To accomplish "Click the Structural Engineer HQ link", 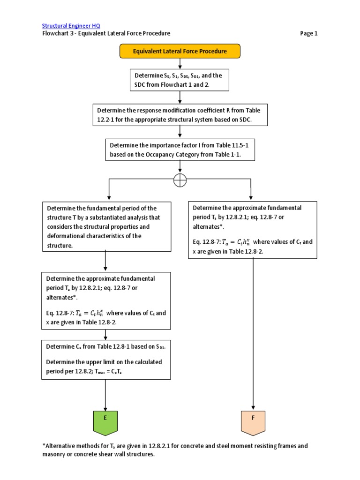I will pyautogui.click(x=71, y=26).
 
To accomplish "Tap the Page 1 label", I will pyautogui.click(x=308, y=33).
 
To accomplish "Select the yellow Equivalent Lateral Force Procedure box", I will pyautogui.click(x=180, y=51).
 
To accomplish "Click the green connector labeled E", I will pyautogui.click(x=105, y=421).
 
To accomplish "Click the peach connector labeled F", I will pyautogui.click(x=253, y=421).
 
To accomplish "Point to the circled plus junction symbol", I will pyautogui.click(x=180, y=180).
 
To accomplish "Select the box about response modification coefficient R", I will pyautogui.click(x=180, y=115).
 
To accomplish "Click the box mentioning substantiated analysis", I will pyautogui.click(x=105, y=226).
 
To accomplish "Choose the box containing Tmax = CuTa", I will pyautogui.click(x=105, y=359).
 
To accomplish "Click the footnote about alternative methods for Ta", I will pyautogui.click(x=175, y=450).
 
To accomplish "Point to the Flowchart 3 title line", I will pyautogui.click(x=106, y=33).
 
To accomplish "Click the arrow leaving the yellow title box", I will pyautogui.click(x=180, y=64).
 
